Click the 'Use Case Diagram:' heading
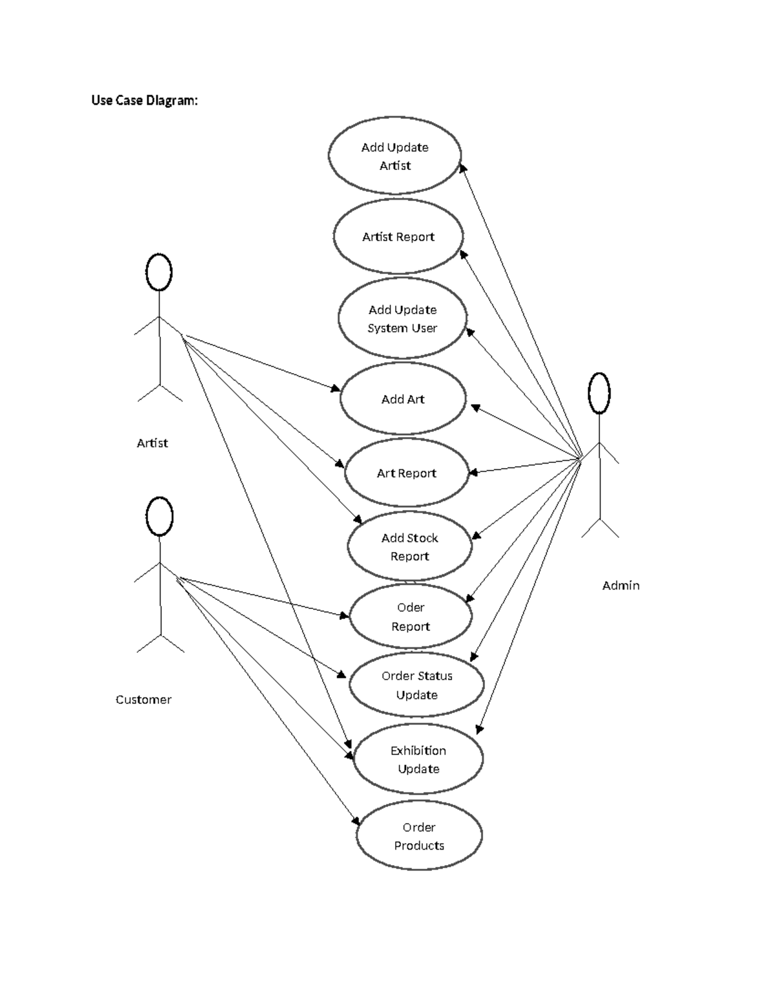point(144,100)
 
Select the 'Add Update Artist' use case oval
point(394,156)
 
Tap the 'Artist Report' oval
point(398,237)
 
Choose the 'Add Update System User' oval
point(402,319)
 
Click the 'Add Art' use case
point(402,400)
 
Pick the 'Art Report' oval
point(406,473)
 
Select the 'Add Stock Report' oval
point(409,547)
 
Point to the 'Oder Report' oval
point(411,617)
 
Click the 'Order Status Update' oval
point(416,685)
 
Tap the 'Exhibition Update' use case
point(418,760)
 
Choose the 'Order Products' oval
point(419,836)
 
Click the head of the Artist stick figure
point(158,272)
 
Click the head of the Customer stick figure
point(159,517)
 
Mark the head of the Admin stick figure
point(599,393)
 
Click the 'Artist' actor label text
point(152,443)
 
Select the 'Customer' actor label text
point(144,700)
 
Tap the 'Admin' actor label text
point(621,585)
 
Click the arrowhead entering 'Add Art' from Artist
point(336,389)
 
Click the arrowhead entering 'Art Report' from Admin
point(473,473)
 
